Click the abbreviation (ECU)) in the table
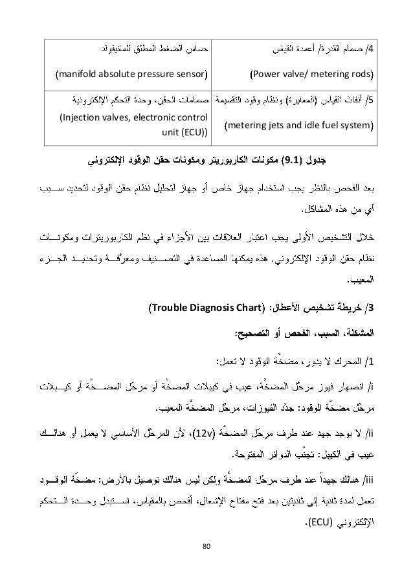point(194,133)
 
